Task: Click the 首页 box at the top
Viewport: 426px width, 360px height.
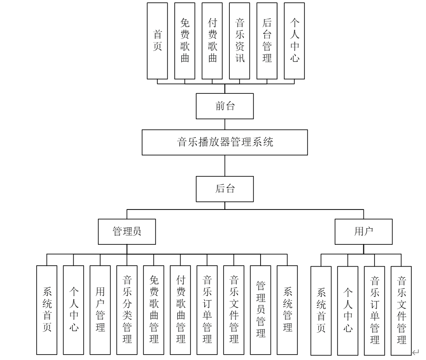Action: pyautogui.click(x=157, y=41)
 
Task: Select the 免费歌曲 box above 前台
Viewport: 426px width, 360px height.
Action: pyautogui.click(x=185, y=41)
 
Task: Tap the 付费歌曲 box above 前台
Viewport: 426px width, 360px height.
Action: pyautogui.click(x=212, y=41)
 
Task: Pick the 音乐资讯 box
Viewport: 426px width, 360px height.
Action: pyautogui.click(x=240, y=41)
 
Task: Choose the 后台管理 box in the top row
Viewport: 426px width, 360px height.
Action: pyautogui.click(x=267, y=41)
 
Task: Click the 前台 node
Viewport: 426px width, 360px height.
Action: pyautogui.click(x=225, y=106)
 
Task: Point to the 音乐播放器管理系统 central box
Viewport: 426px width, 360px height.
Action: pyautogui.click(x=225, y=142)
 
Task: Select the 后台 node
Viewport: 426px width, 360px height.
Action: pyautogui.click(x=225, y=189)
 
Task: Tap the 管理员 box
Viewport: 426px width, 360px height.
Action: pyautogui.click(x=127, y=231)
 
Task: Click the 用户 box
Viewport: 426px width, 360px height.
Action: pyautogui.click(x=363, y=231)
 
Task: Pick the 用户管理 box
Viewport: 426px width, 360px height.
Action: pyautogui.click(x=100, y=310)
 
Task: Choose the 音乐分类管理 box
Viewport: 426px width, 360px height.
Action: pyautogui.click(x=127, y=310)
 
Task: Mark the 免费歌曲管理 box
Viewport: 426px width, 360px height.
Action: pyautogui.click(x=154, y=310)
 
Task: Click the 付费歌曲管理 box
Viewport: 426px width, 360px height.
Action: pyautogui.click(x=181, y=310)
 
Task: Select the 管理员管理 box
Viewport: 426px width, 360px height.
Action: pyautogui.click(x=261, y=310)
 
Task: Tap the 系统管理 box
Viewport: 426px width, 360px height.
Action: pyautogui.click(x=287, y=310)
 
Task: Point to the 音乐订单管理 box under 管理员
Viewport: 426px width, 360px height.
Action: pyautogui.click(x=207, y=310)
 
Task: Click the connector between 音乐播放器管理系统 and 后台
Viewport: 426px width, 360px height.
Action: pyautogui.click(x=225, y=166)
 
